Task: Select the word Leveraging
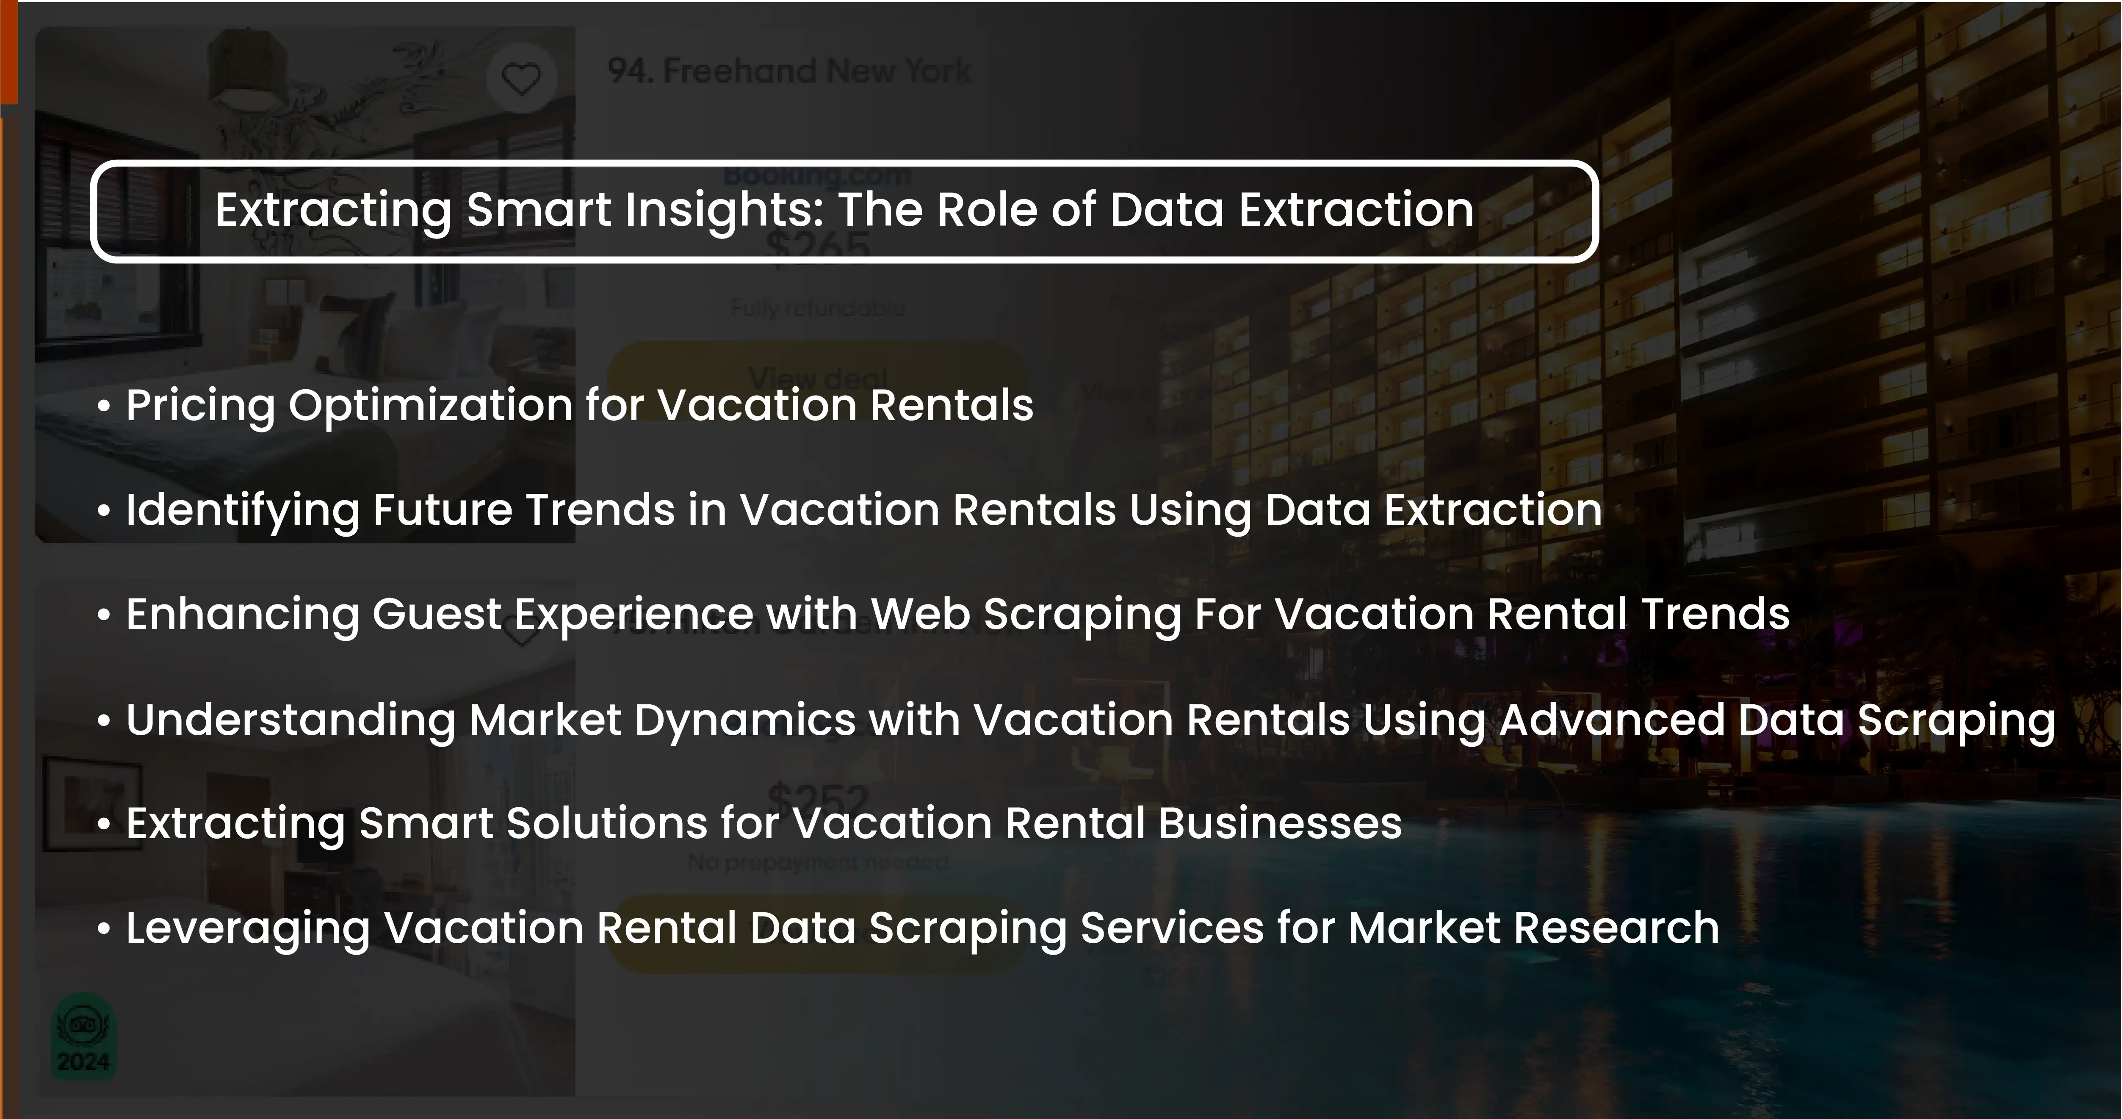247,929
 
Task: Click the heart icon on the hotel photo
520,79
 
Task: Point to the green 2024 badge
83,1036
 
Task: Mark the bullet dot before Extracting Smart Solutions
103,825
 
